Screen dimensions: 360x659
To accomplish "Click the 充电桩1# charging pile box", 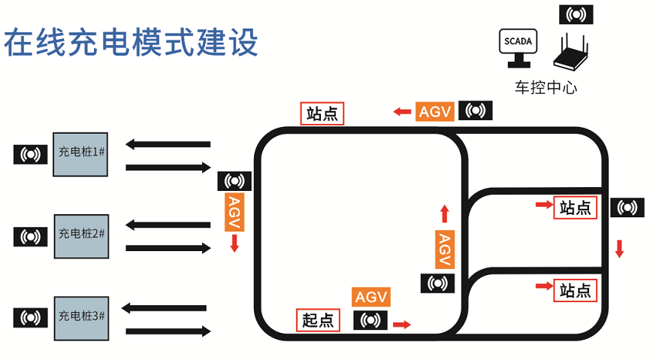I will click(x=81, y=154).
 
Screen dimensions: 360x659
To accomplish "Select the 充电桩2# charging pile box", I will click(x=81, y=234).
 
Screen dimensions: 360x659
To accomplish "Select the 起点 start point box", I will click(x=317, y=320).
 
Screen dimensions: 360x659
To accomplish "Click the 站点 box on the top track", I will click(x=322, y=113).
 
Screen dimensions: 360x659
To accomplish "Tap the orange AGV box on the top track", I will click(x=434, y=112).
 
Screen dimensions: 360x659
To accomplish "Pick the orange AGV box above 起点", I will click(x=371, y=296).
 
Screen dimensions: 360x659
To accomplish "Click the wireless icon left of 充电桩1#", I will click(x=31, y=155).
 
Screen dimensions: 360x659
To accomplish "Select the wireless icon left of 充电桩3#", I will click(x=31, y=318).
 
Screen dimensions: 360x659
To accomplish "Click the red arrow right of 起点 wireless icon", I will click(x=403, y=324).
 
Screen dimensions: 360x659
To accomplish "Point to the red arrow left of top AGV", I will click(x=401, y=112).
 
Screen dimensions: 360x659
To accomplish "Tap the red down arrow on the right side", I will click(x=619, y=248).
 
